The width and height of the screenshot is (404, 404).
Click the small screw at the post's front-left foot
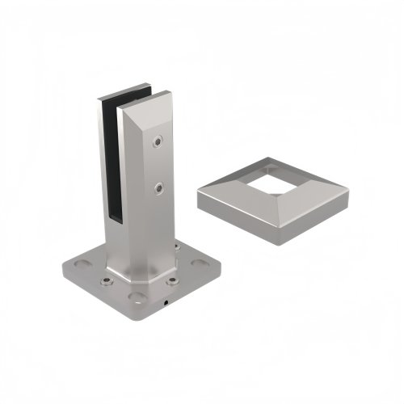[x=106, y=282]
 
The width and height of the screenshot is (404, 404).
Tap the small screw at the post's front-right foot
[x=170, y=281]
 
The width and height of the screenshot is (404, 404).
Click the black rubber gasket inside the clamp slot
[x=112, y=162]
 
